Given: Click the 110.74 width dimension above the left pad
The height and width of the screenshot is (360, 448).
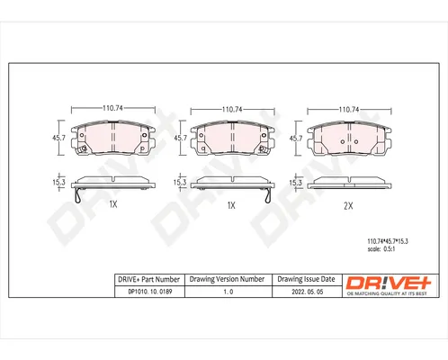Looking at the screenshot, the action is [112, 108].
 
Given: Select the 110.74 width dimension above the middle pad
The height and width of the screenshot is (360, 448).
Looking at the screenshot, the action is [232, 110].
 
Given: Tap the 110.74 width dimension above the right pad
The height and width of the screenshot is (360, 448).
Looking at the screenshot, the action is [349, 110].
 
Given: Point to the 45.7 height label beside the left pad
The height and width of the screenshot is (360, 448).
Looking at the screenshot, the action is [58, 138].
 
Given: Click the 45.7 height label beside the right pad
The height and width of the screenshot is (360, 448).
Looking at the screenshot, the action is [296, 139].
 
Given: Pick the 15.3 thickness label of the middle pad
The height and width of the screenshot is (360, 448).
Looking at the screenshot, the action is [180, 183].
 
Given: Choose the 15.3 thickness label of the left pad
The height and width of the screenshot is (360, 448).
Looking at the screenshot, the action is [58, 182].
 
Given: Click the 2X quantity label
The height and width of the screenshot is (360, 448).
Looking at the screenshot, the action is [348, 206].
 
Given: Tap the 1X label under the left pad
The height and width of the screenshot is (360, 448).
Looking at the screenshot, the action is [113, 204].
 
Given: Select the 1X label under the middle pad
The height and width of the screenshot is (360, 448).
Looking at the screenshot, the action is [231, 205].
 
